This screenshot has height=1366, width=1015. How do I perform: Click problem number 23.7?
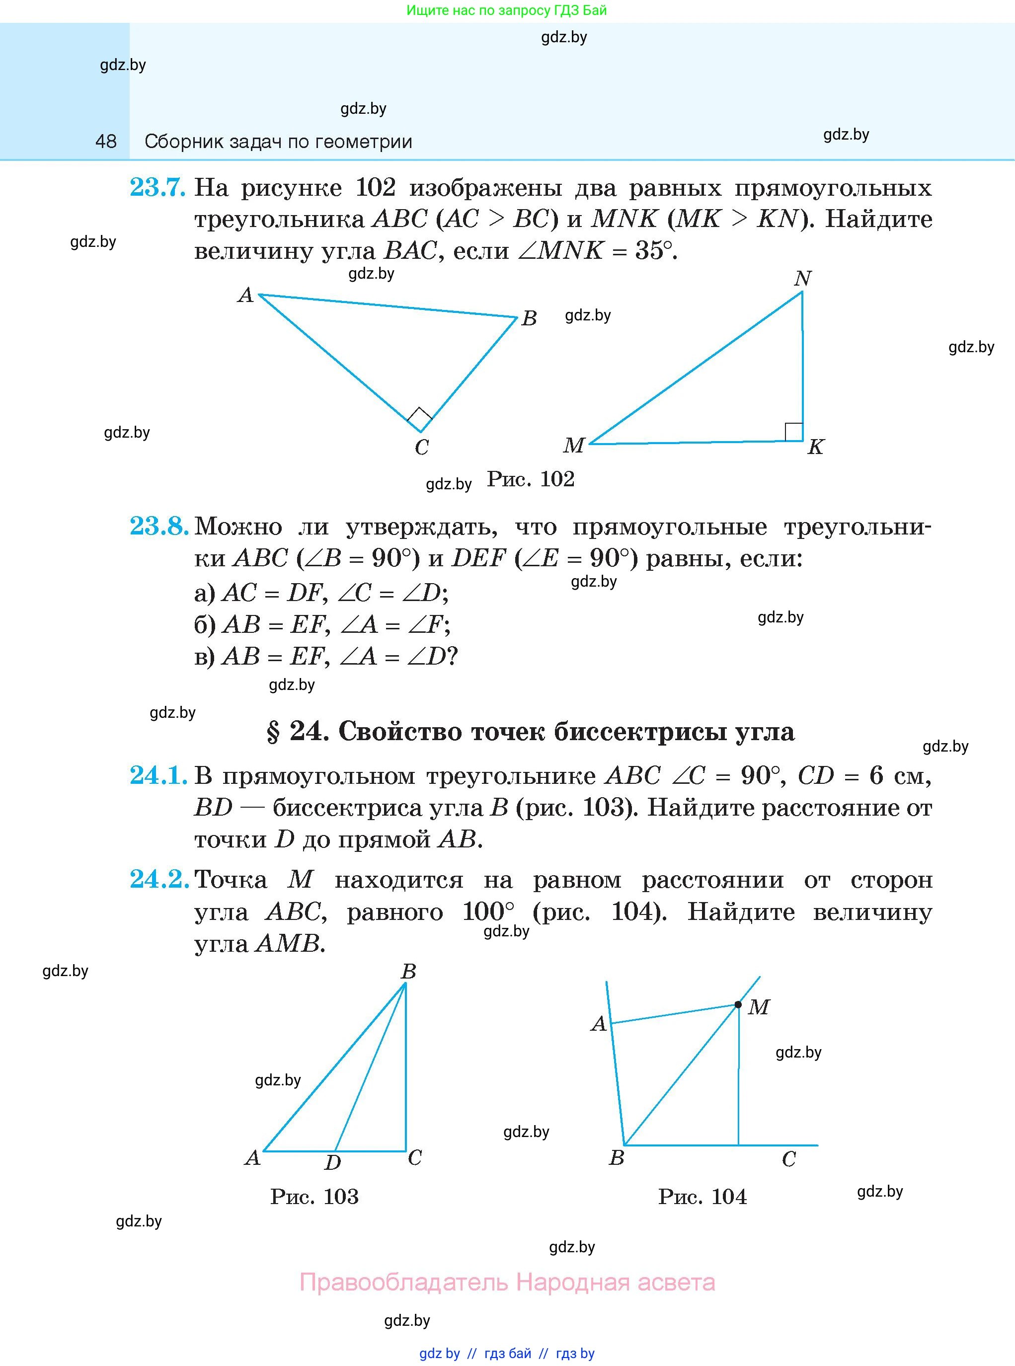(157, 187)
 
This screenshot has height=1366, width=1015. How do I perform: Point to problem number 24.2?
(158, 880)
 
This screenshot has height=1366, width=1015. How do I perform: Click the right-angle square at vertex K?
(793, 432)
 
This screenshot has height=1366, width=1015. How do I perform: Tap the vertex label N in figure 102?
(802, 279)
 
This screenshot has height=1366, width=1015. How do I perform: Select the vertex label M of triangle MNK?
(573, 445)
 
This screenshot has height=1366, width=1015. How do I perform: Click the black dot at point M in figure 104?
(738, 1005)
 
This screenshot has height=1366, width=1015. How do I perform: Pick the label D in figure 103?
(332, 1161)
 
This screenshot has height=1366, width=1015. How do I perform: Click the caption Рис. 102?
(531, 479)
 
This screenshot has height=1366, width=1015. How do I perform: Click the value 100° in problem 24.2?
(488, 911)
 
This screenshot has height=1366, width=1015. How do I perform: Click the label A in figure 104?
(599, 1024)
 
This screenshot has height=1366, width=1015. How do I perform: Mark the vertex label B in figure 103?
(408, 971)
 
